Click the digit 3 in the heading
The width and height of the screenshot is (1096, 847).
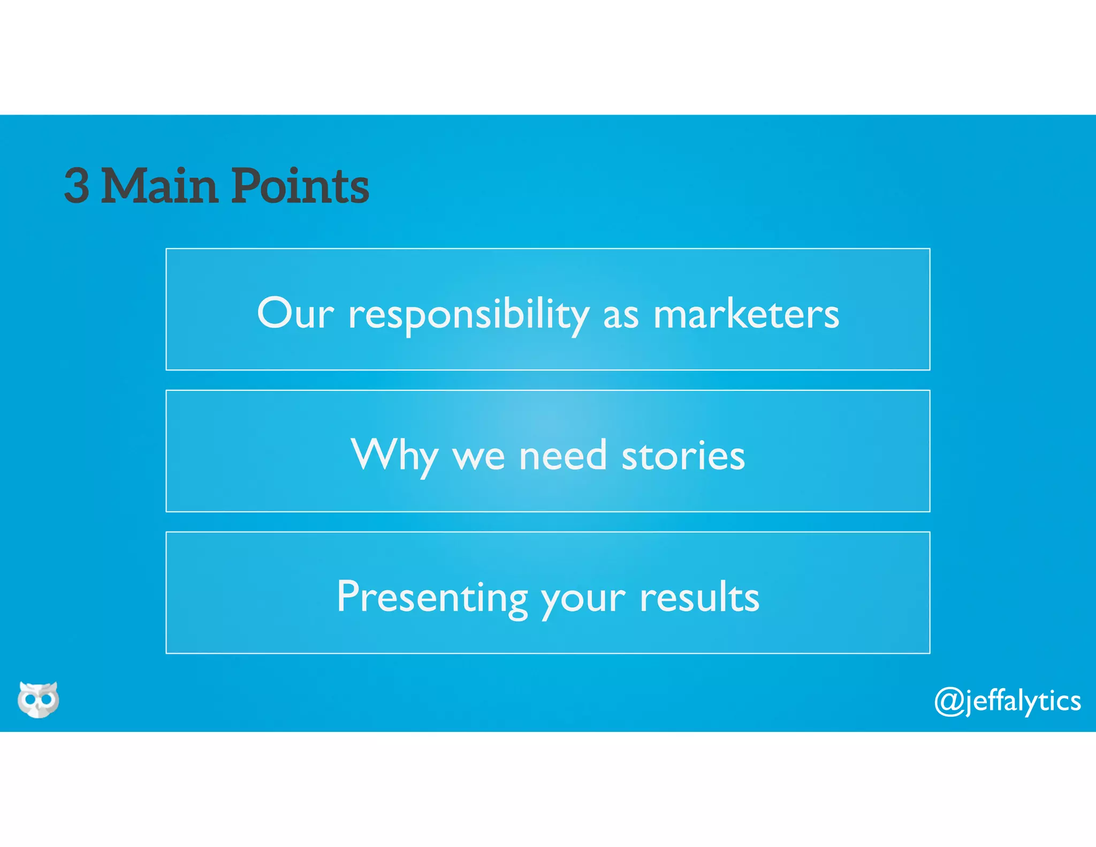[77, 186]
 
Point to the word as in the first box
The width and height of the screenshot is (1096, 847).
[621, 316]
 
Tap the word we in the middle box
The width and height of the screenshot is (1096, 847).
[478, 457]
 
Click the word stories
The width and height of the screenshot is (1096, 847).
[683, 456]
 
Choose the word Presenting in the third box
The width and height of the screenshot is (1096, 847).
[431, 598]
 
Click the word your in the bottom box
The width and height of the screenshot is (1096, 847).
[583, 600]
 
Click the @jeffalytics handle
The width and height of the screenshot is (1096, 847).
[1007, 701]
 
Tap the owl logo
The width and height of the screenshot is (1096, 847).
[38, 699]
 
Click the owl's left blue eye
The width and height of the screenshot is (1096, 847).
[29, 699]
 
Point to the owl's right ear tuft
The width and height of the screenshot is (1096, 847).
[54, 685]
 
